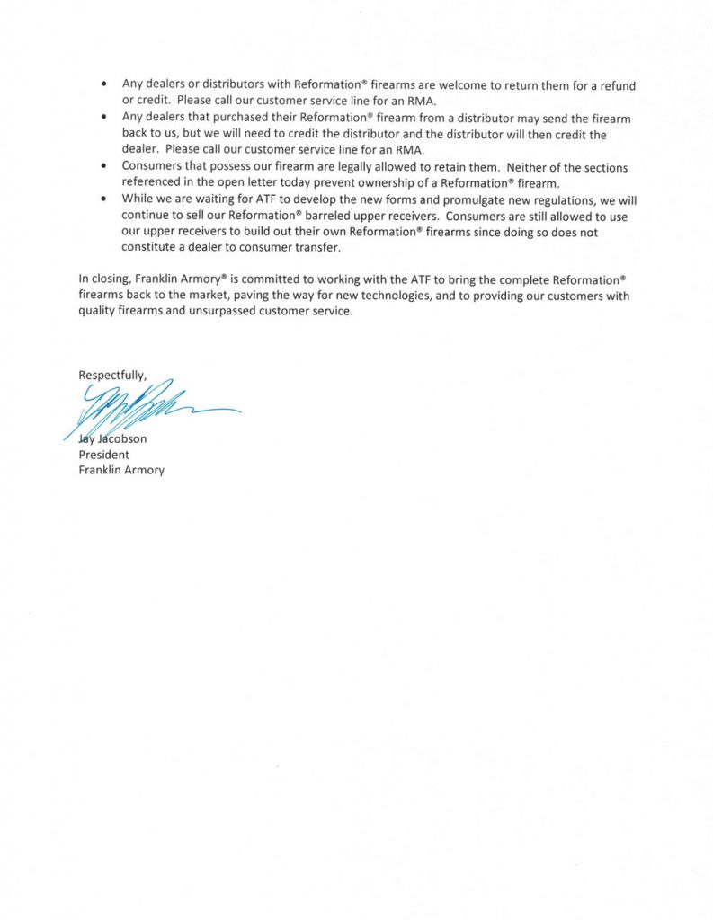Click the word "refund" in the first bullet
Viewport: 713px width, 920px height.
(x=616, y=85)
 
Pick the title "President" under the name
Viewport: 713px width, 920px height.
(x=103, y=455)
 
